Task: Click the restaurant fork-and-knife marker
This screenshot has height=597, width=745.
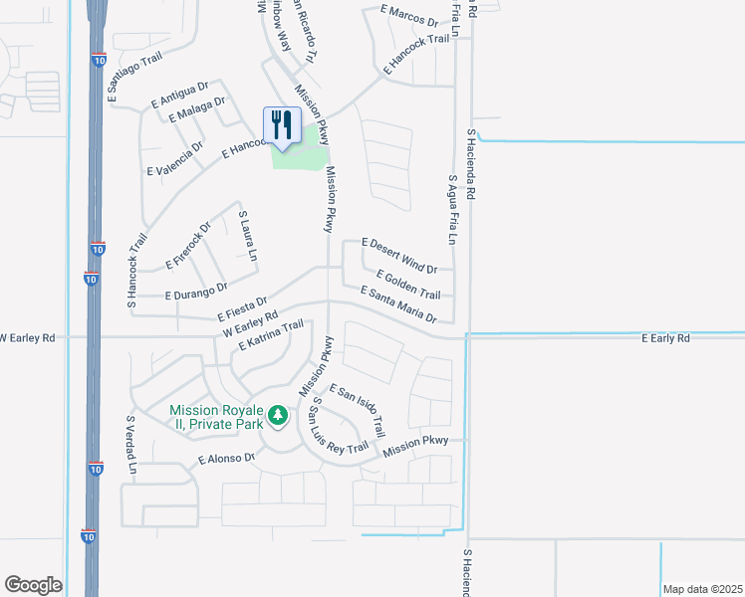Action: point(282,125)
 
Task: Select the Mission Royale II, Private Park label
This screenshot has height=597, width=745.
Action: point(216,417)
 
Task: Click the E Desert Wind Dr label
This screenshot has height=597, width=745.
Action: point(399,256)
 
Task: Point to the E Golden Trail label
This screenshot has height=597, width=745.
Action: point(408,284)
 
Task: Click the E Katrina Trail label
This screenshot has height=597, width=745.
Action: point(270,336)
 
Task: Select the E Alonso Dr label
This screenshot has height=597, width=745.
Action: point(226,460)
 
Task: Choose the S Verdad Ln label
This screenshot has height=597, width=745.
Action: point(129,445)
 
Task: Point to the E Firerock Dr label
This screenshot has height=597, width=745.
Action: point(188,246)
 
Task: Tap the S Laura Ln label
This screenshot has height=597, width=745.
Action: point(247,235)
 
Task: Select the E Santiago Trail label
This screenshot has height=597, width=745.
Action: point(134,74)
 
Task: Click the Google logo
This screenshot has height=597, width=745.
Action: point(33,585)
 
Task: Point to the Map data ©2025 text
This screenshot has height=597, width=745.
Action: point(702,589)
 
